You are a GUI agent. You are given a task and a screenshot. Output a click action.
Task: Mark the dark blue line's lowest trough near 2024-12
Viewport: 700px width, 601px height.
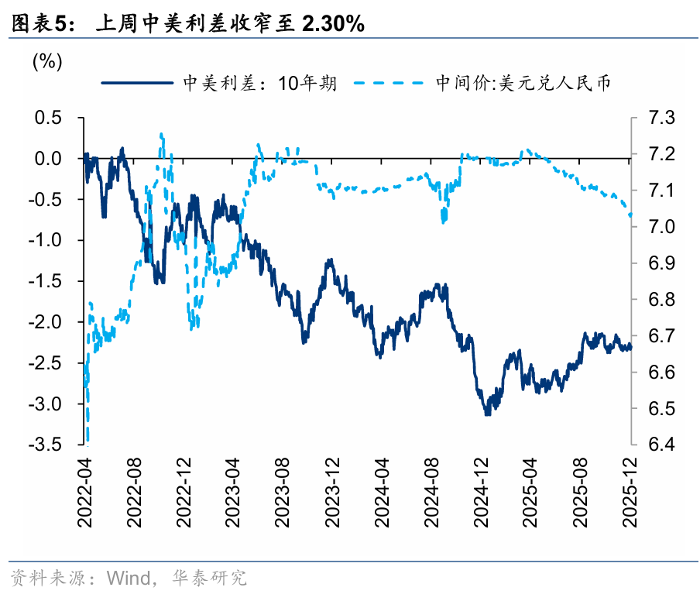click(x=487, y=414)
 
